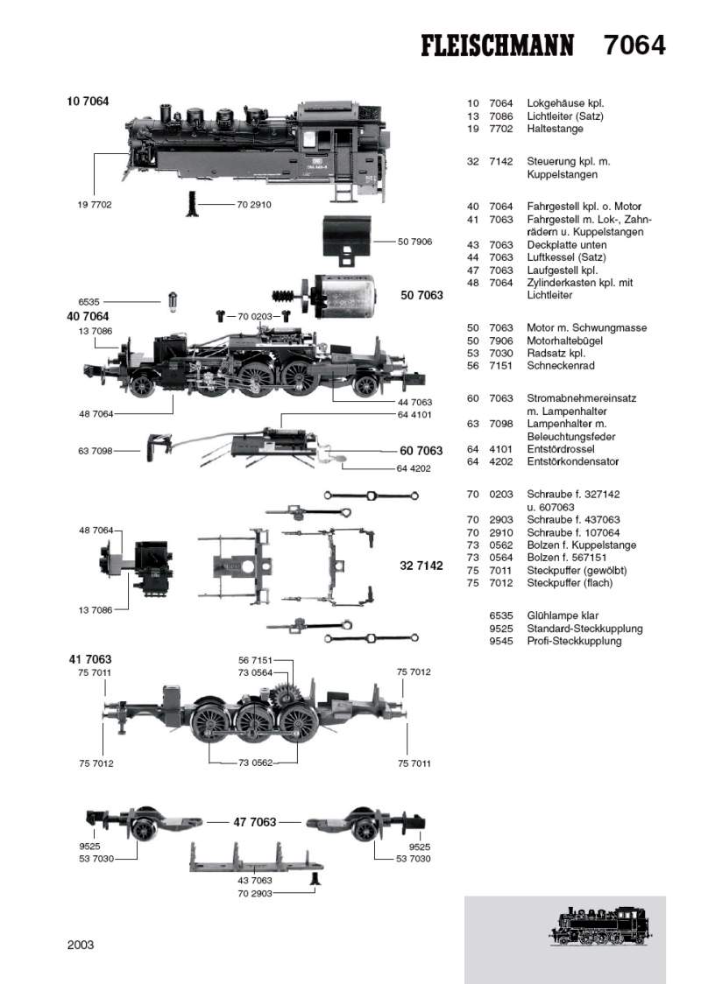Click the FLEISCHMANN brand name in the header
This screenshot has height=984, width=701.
pos(498,46)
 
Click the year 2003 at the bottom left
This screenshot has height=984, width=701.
pos(81,945)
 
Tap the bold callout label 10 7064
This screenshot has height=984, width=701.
pos(88,102)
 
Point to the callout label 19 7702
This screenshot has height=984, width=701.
pos(95,204)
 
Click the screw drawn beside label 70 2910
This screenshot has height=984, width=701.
pos(190,205)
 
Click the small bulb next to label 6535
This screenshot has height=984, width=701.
pos(173,300)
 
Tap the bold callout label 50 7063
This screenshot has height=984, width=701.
pos(422,296)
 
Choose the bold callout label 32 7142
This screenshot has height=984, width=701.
pos(421,566)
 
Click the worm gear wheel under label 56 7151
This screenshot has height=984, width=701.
pos(287,700)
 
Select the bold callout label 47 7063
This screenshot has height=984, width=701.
pos(255,822)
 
